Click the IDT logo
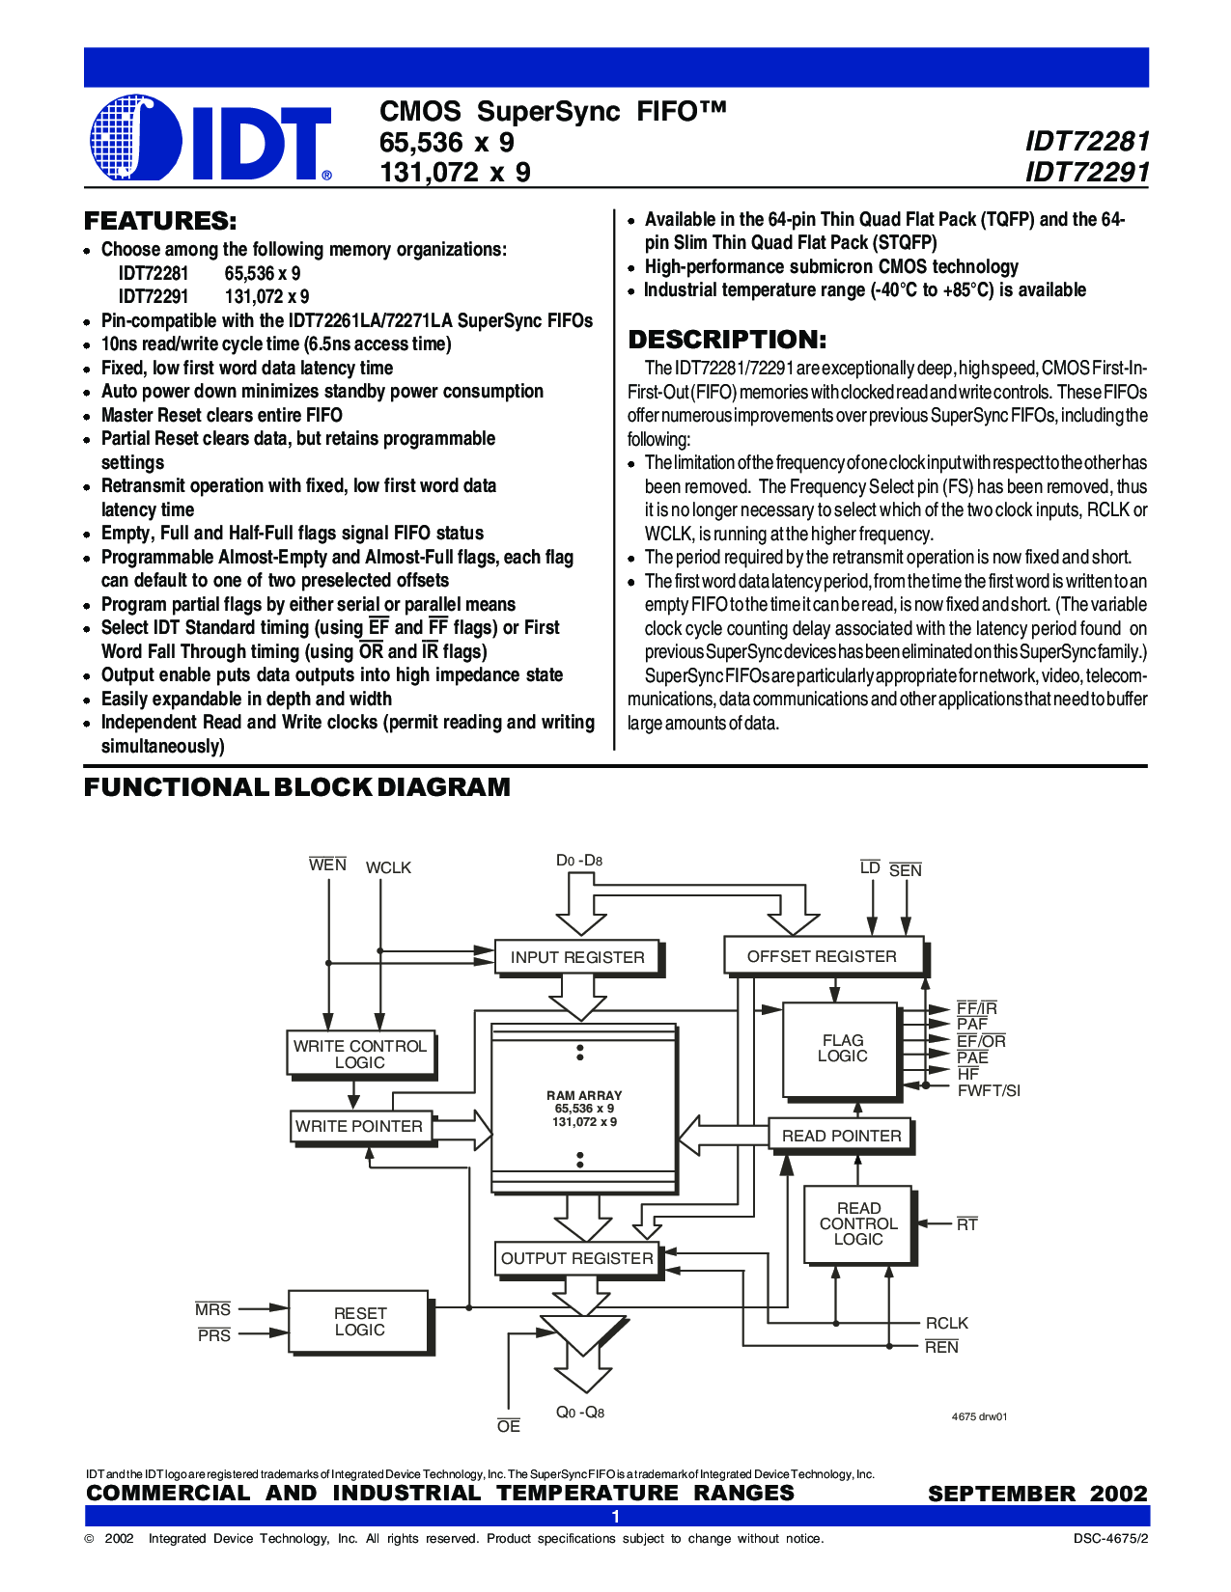(x=210, y=138)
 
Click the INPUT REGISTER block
(x=577, y=957)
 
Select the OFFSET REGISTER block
(x=823, y=956)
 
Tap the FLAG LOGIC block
(x=842, y=1049)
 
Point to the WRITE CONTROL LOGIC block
(x=360, y=1054)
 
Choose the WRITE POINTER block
(x=359, y=1126)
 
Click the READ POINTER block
(x=841, y=1136)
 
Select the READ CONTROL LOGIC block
(x=858, y=1223)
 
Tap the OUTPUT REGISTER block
(x=577, y=1258)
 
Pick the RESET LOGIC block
(x=359, y=1322)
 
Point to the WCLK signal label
(x=388, y=868)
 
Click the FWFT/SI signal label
(x=989, y=1091)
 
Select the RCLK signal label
(x=946, y=1324)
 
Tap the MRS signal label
(x=212, y=1309)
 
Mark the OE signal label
(x=509, y=1426)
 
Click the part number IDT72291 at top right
(x=1087, y=173)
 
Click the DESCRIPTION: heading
(x=727, y=340)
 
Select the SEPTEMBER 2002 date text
(x=1038, y=1494)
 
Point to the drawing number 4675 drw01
(x=979, y=1416)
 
